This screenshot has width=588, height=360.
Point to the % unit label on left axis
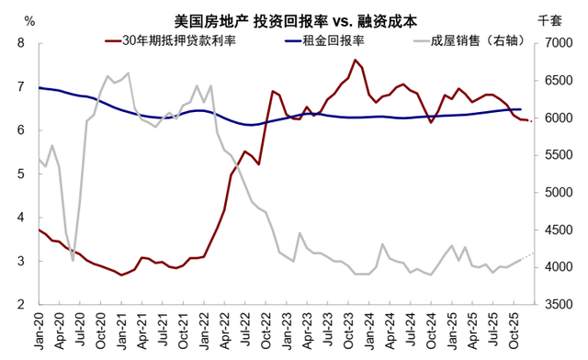pyautogui.click(x=29, y=20)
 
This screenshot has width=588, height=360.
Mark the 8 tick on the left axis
pyautogui.click(x=21, y=43)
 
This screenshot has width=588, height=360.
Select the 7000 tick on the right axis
pyautogui.click(x=557, y=43)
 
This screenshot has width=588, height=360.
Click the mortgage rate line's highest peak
pyautogui.click(x=355, y=61)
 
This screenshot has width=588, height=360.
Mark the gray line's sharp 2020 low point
pyautogui.click(x=73, y=260)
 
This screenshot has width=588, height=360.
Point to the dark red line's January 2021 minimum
pyautogui.click(x=122, y=275)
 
